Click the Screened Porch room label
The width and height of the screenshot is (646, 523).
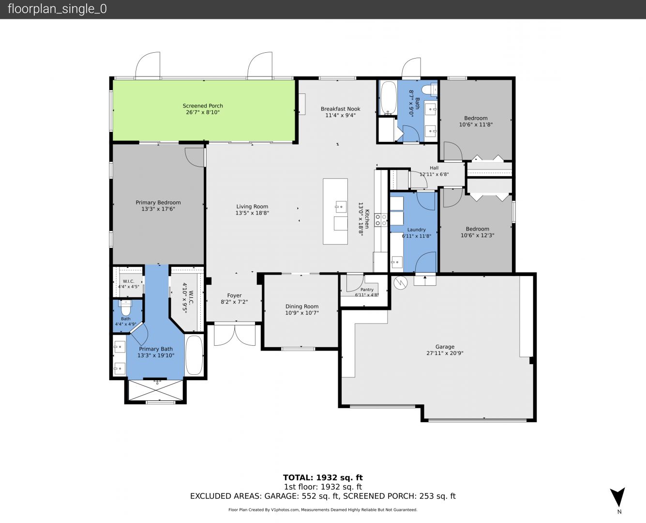(203, 106)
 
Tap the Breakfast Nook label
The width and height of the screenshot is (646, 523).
(340, 108)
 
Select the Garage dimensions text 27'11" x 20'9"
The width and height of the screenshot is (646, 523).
(445, 353)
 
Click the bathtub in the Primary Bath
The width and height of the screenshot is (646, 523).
(194, 355)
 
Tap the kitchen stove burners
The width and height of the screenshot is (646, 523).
(381, 220)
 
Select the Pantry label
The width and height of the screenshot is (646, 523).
(367, 290)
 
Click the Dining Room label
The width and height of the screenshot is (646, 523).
(302, 306)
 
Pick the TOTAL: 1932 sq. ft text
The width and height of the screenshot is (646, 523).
(323, 477)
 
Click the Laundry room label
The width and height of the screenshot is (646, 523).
(417, 230)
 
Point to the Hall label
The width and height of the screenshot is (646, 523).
(434, 168)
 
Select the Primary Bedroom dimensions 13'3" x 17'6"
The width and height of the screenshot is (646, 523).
(158, 209)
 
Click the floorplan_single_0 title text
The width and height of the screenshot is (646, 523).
(57, 9)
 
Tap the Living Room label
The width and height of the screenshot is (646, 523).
(252, 206)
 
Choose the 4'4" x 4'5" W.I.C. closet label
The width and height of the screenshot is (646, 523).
(129, 287)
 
